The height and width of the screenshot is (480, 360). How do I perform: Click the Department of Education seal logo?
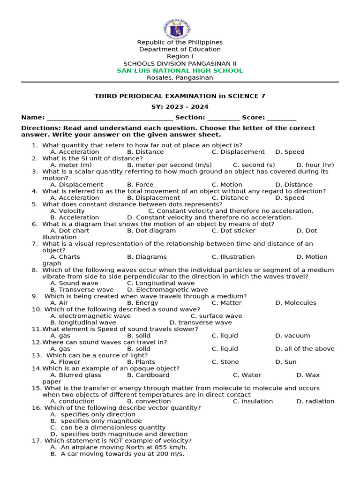177,29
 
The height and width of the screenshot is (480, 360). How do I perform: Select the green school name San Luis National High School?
180,70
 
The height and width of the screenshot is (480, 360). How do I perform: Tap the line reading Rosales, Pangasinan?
180,78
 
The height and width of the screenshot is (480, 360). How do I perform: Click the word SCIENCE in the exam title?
243,96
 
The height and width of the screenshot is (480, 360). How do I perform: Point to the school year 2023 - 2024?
180,107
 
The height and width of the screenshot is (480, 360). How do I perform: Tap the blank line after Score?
282,118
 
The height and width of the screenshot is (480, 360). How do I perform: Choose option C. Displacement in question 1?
238,152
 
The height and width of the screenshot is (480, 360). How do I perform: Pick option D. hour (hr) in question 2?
315,165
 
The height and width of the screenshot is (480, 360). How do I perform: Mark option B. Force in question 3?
140,185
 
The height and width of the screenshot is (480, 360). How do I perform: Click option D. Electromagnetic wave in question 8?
167,290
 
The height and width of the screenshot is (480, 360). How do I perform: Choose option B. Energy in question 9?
142,303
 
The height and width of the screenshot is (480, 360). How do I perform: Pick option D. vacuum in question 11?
292,336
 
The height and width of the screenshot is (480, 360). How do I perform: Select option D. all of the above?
305,349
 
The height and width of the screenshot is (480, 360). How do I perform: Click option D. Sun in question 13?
286,362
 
